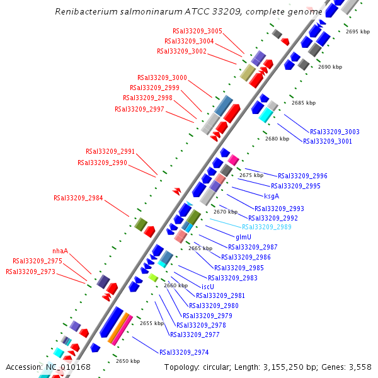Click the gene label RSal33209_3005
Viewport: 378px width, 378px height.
[197, 31]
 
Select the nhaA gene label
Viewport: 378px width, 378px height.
[60, 251]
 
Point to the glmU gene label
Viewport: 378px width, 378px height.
[243, 237]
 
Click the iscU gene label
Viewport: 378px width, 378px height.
[208, 286]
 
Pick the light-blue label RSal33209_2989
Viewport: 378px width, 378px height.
[266, 227]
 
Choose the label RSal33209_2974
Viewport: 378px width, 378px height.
[184, 352]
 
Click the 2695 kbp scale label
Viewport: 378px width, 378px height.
[358, 31]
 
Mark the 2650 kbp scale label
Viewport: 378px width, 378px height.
[128, 361]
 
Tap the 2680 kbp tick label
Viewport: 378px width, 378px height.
[277, 139]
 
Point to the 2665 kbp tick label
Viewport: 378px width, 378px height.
[200, 249]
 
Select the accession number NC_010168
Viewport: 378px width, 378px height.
[69, 367]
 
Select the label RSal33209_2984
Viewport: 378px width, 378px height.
[78, 198]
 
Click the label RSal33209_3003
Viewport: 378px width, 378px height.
[335, 132]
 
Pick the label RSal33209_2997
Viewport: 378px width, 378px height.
[139, 109]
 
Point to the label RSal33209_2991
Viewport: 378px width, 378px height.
[110, 151]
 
